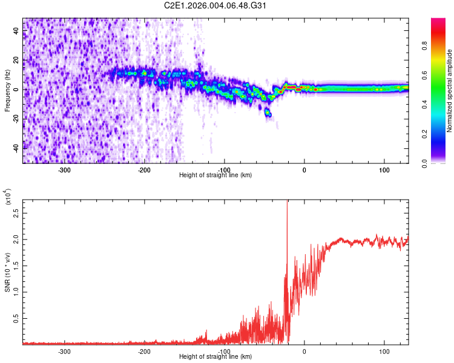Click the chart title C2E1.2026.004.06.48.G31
(x=215, y=5)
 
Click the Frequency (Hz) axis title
(x=7, y=90)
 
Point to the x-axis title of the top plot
(x=215, y=175)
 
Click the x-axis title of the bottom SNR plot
(x=215, y=356)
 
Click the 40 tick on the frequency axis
(x=16, y=31)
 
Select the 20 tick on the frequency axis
(x=16, y=60)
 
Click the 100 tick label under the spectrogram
(x=384, y=169)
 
